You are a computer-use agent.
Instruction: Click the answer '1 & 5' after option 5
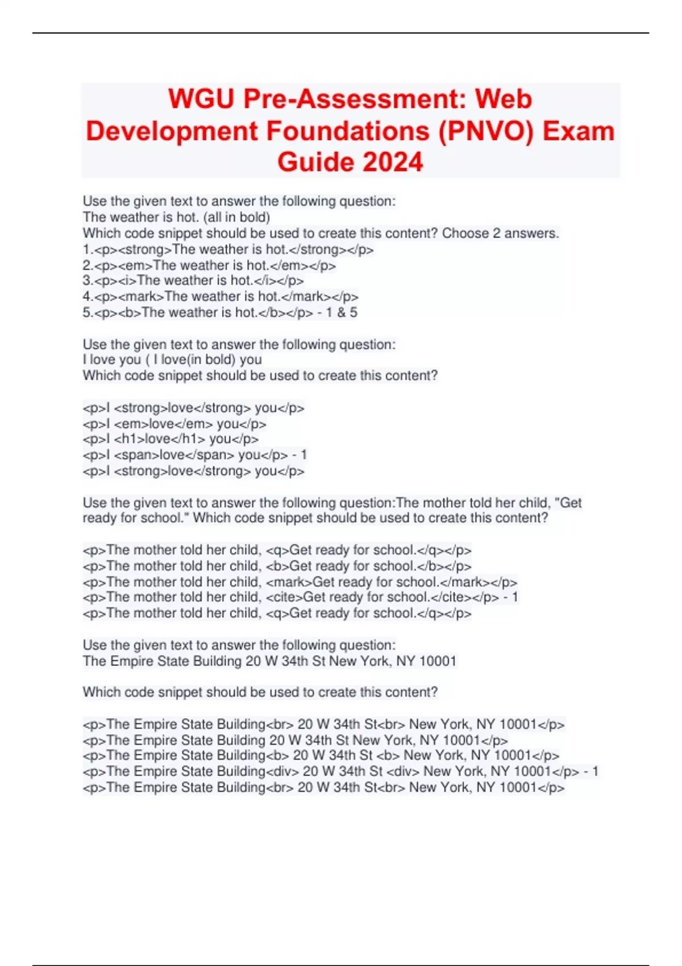[x=342, y=313]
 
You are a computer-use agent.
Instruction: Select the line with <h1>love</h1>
[x=170, y=439]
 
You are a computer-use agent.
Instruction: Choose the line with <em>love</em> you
[x=174, y=424]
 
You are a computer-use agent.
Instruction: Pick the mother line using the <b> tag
[x=277, y=566]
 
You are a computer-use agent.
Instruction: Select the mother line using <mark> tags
[x=300, y=582]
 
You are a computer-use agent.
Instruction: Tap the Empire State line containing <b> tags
[x=321, y=756]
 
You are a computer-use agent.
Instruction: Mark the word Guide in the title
[x=316, y=162]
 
